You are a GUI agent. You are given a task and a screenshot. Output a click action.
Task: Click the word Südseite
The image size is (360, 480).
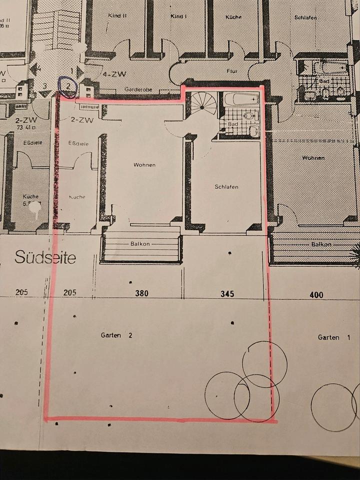(45, 257)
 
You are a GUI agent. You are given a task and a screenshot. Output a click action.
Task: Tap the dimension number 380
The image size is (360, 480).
(142, 294)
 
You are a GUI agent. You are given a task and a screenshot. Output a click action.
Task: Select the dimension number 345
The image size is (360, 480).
(227, 294)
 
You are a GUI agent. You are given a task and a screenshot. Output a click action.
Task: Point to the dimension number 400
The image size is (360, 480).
(316, 295)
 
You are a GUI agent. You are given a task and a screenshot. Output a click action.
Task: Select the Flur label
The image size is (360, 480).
(231, 71)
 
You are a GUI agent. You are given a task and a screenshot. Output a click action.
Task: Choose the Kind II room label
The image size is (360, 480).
(117, 16)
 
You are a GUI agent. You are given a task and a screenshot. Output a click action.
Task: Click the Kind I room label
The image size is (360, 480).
(178, 16)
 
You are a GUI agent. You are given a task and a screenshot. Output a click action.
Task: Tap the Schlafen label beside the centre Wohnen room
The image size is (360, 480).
(226, 186)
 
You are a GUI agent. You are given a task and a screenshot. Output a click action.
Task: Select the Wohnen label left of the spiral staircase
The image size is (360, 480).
(144, 165)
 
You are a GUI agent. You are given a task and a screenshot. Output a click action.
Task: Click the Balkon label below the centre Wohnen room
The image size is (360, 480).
(140, 244)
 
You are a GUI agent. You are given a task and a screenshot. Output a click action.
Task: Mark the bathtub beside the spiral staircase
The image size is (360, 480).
(241, 99)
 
